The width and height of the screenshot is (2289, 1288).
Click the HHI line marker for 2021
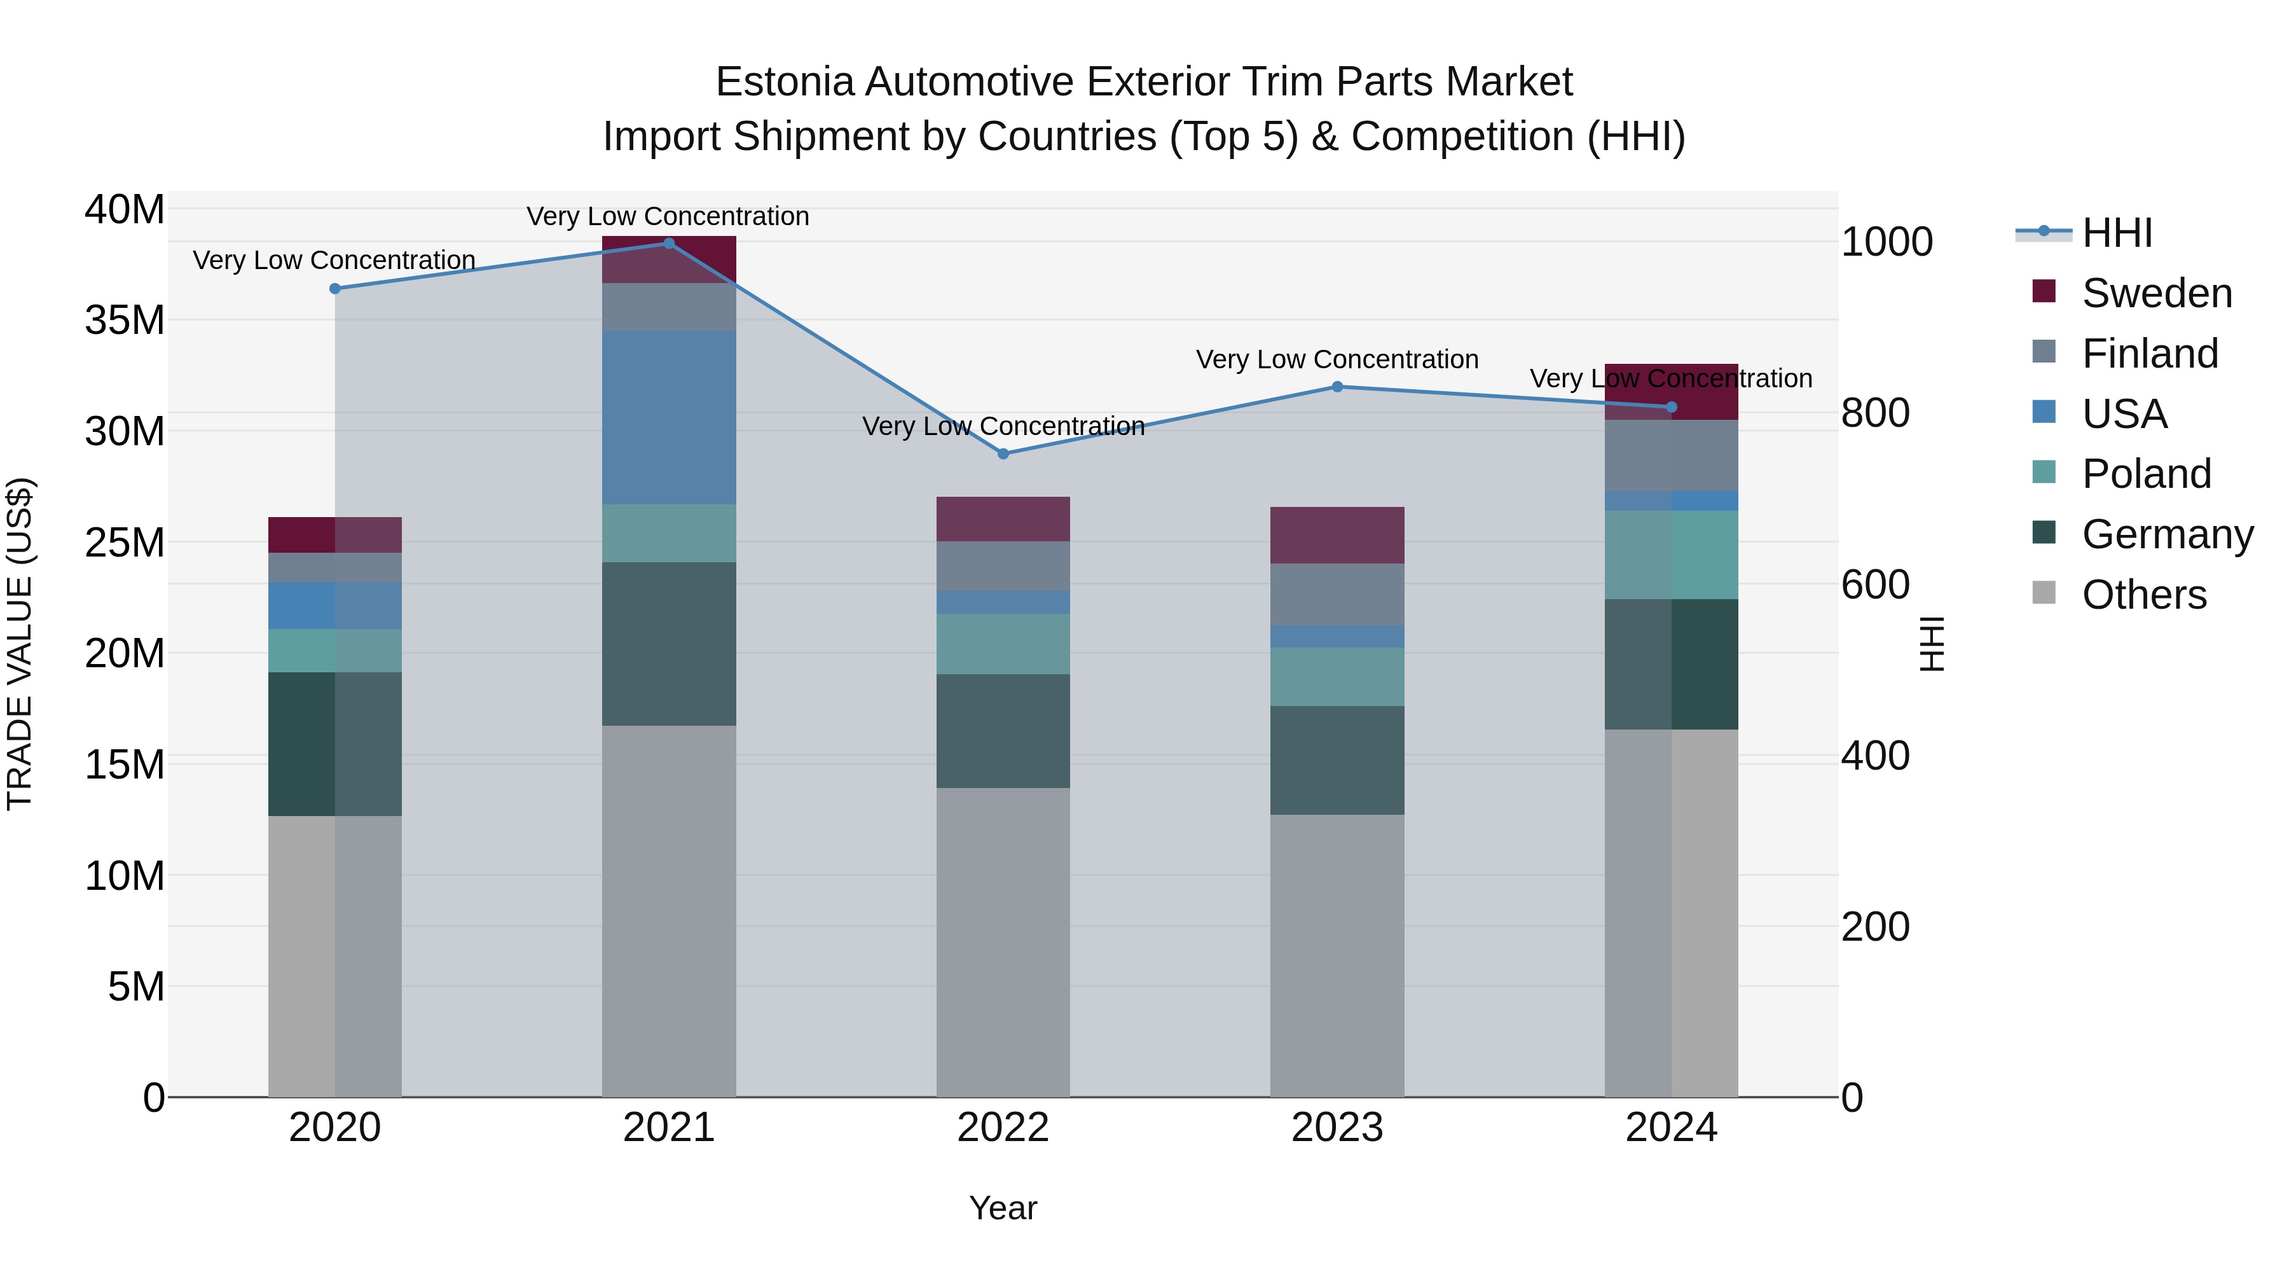pos(669,244)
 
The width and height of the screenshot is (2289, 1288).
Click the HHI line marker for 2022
pos(1003,454)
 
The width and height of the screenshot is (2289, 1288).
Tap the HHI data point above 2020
pos(335,289)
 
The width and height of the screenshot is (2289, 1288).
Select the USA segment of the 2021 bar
pos(669,418)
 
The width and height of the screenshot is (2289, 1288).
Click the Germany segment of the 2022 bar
pos(1003,731)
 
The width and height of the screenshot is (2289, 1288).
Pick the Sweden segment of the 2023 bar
pos(1337,535)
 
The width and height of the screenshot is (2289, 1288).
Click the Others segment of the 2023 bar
pos(1337,955)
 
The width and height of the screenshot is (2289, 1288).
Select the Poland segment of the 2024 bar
pos(1672,555)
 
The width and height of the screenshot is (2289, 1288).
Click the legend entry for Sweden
pos(2157,293)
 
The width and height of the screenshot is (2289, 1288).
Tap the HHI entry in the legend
pos(2117,233)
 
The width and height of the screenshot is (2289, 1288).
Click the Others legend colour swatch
pos(2044,593)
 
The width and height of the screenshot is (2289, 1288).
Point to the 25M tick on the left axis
pos(125,542)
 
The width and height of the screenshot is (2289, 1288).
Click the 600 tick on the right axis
pos(1875,585)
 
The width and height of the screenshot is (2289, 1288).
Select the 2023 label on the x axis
pos(1337,1128)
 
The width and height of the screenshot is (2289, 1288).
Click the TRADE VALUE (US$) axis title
pos(20,644)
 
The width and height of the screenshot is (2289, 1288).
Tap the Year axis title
pos(1003,1208)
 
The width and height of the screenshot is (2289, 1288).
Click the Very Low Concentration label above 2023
pos(1337,360)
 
